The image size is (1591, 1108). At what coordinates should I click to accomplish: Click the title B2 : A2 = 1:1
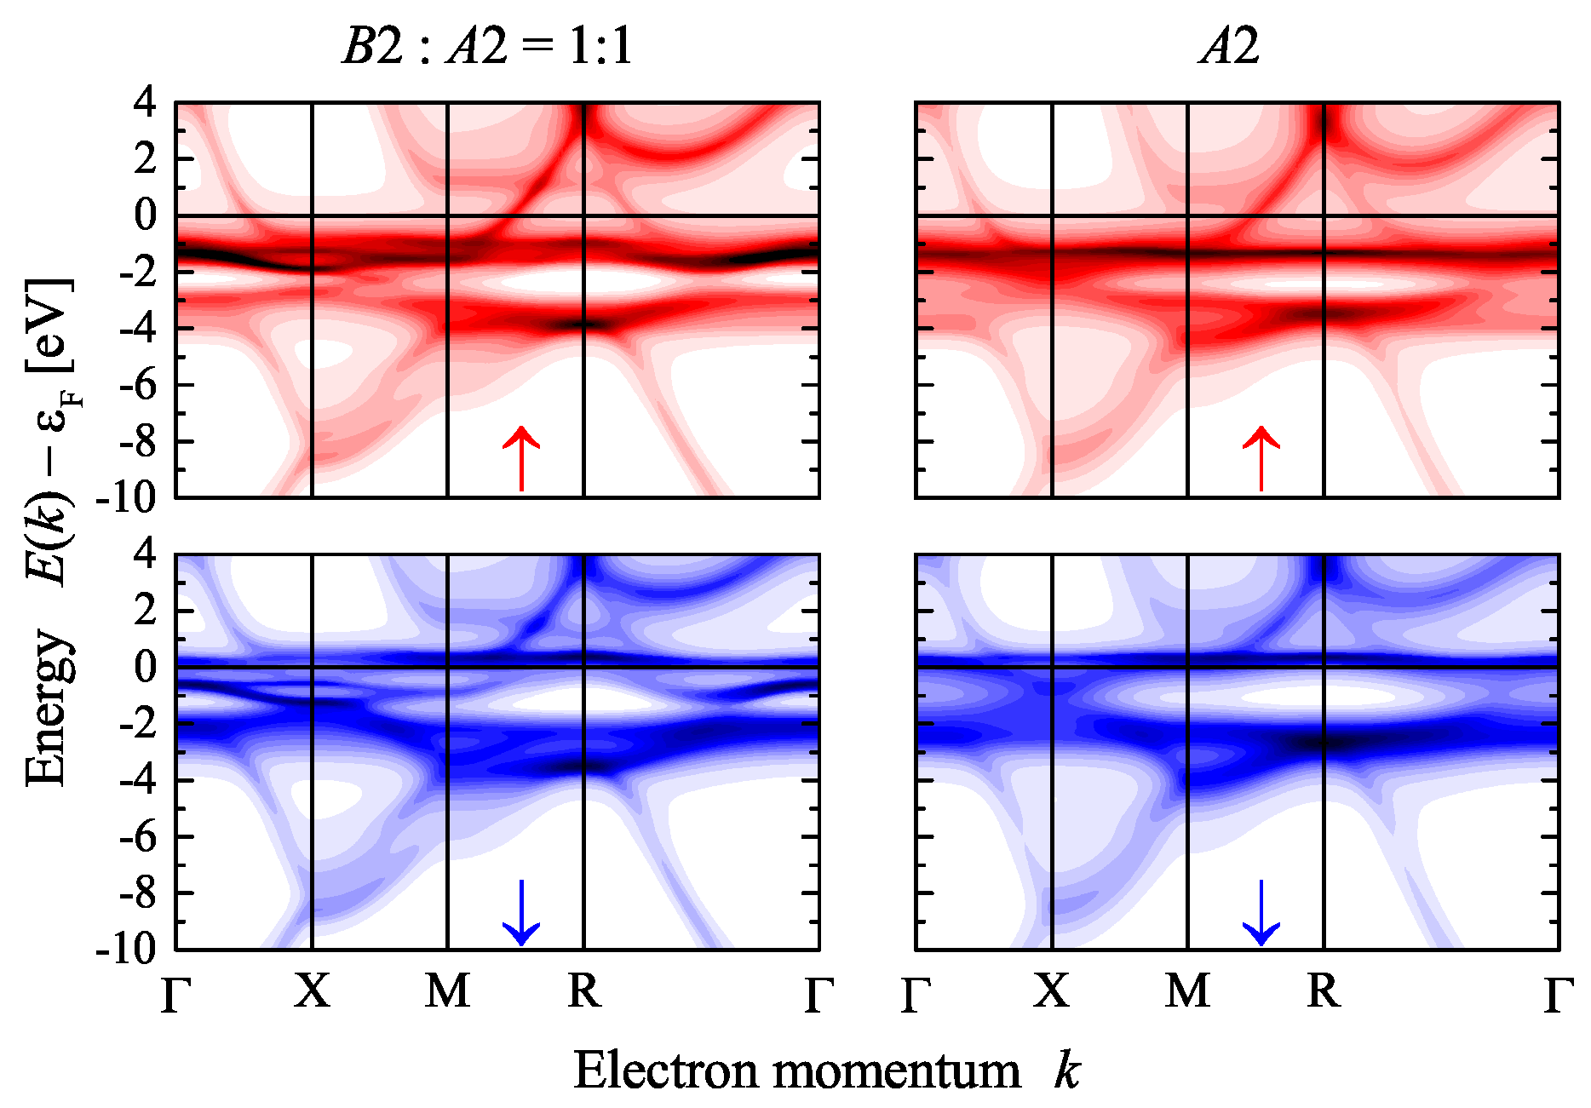(488, 44)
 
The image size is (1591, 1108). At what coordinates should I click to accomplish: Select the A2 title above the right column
(1229, 44)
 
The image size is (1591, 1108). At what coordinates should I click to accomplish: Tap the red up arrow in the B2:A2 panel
(521, 458)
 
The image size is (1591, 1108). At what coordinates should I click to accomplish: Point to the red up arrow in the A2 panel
(1261, 458)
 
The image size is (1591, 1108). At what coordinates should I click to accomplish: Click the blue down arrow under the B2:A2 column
(521, 912)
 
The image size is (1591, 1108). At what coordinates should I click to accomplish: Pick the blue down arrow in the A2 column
(1261, 912)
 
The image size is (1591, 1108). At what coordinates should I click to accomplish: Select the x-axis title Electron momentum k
(827, 1070)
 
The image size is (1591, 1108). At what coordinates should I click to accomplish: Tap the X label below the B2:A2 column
(313, 990)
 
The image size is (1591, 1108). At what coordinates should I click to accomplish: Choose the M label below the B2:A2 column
(448, 990)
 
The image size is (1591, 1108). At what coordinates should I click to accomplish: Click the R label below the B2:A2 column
(584, 990)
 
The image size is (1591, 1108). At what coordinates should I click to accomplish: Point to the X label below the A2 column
(1052, 990)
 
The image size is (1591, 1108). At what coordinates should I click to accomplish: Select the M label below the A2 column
(1188, 990)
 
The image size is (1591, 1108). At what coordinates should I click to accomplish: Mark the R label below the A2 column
(1324, 990)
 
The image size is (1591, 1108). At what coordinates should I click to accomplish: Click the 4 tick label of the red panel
(146, 103)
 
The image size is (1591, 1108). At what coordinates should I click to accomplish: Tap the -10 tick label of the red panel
(127, 498)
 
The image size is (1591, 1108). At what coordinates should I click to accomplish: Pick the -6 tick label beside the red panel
(138, 385)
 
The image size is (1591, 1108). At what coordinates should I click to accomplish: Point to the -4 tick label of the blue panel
(138, 780)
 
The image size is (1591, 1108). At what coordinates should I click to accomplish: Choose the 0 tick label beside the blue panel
(146, 667)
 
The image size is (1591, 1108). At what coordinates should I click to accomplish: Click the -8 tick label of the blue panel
(138, 893)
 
